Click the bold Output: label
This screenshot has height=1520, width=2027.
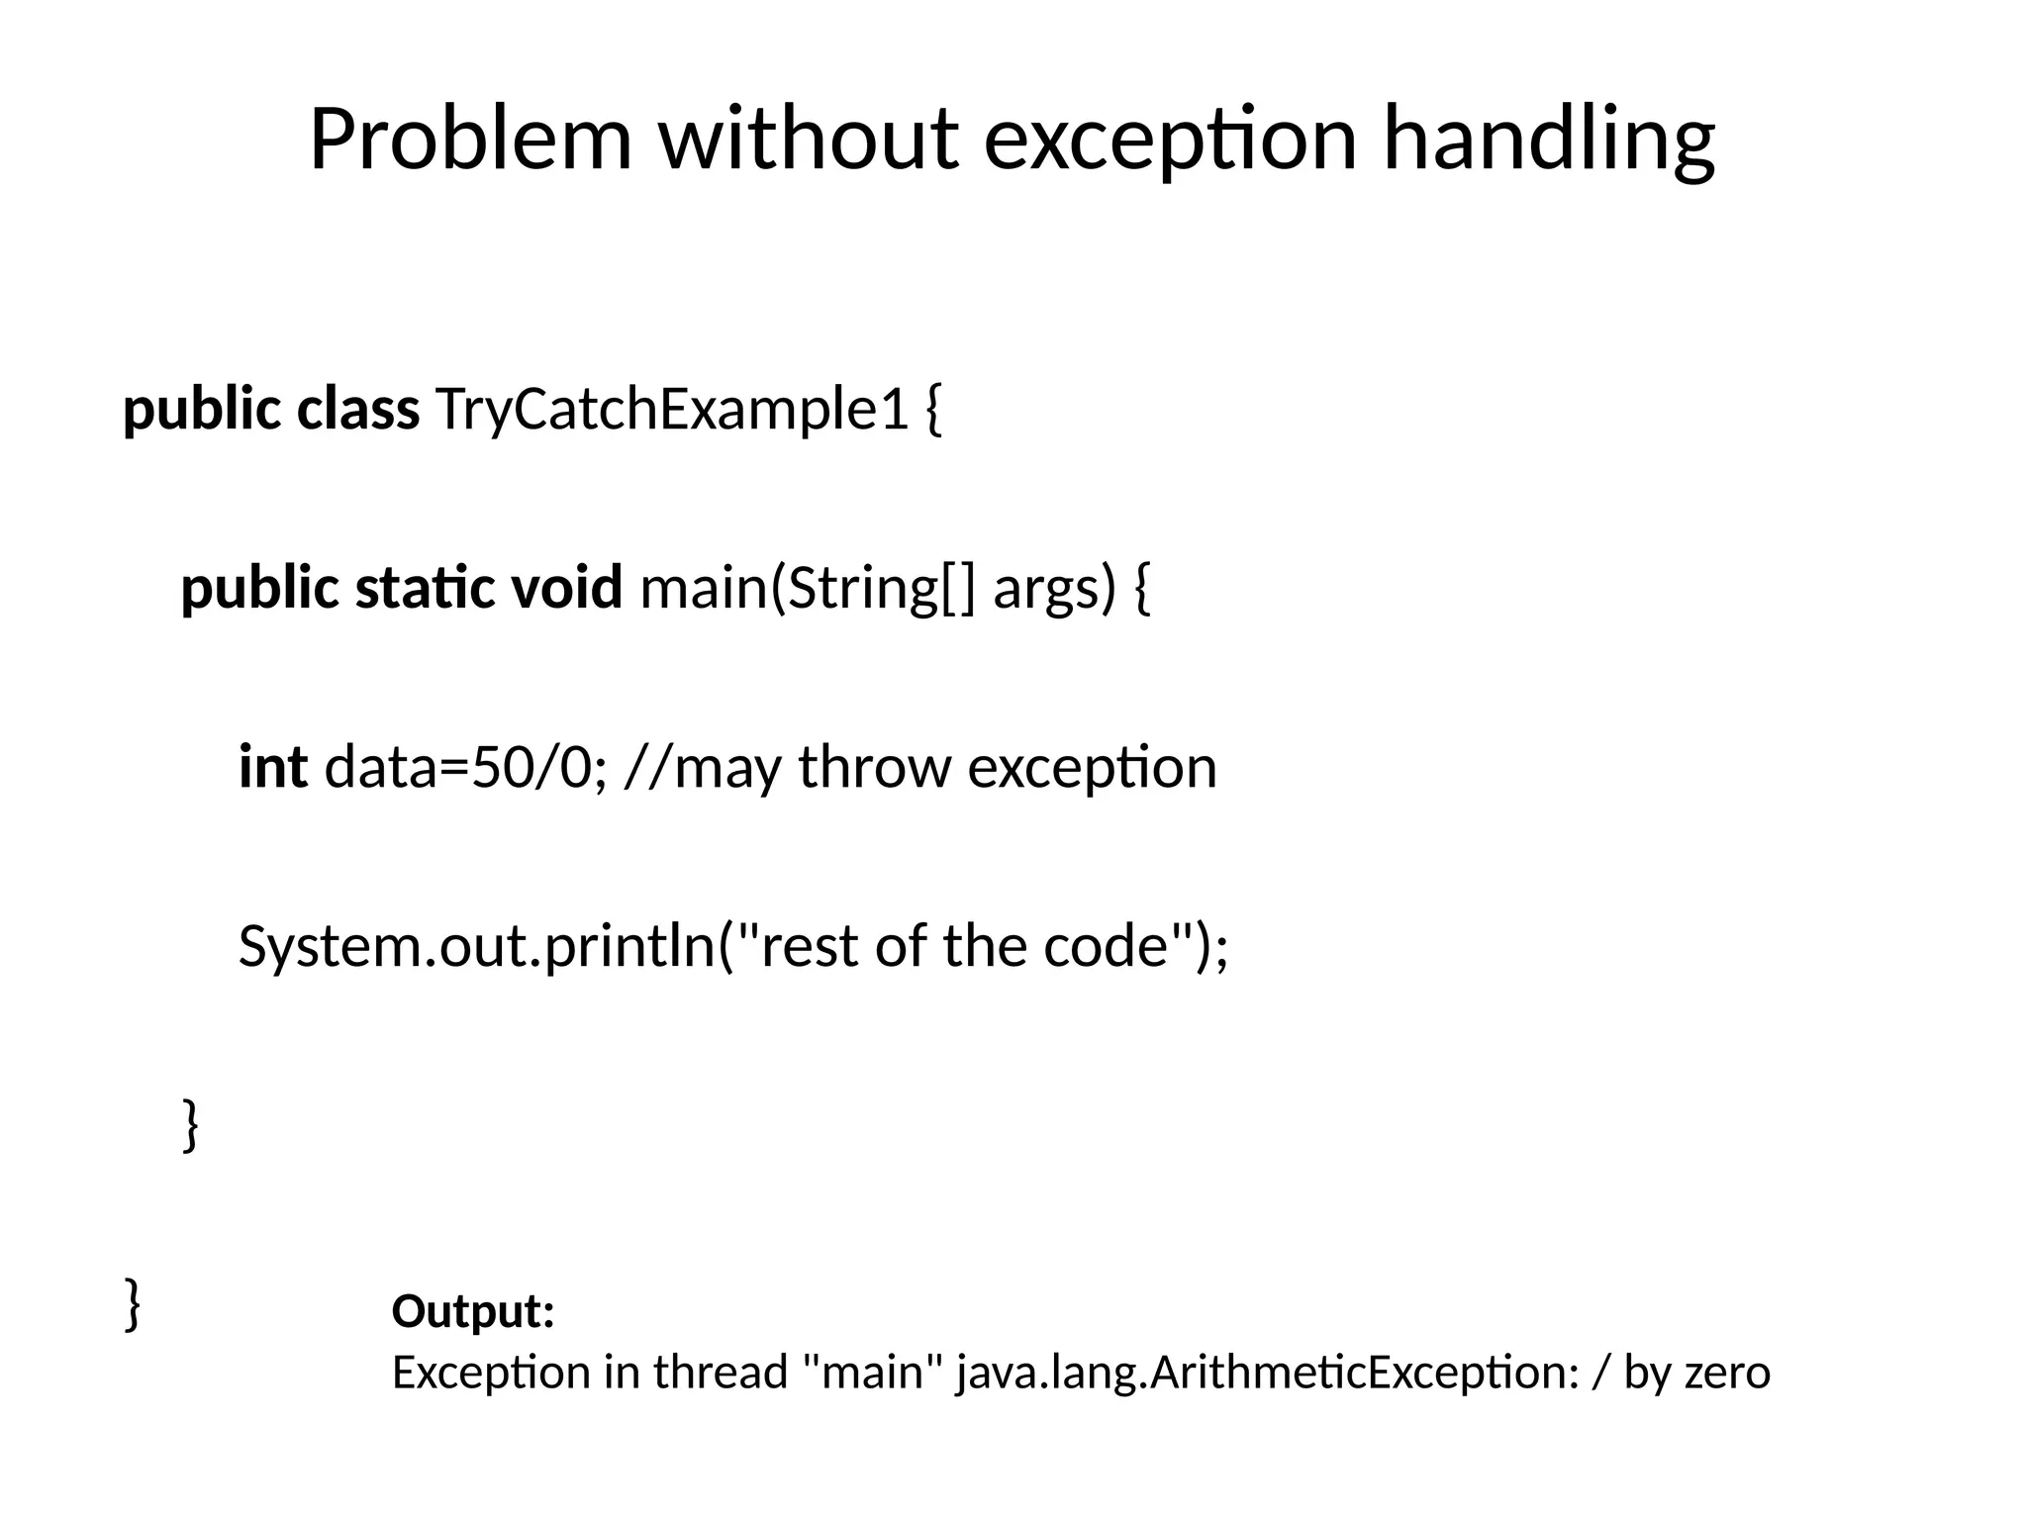click(473, 1311)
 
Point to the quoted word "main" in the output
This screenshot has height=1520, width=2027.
click(870, 1373)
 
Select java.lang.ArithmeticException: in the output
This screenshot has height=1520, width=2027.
click(1268, 1373)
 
